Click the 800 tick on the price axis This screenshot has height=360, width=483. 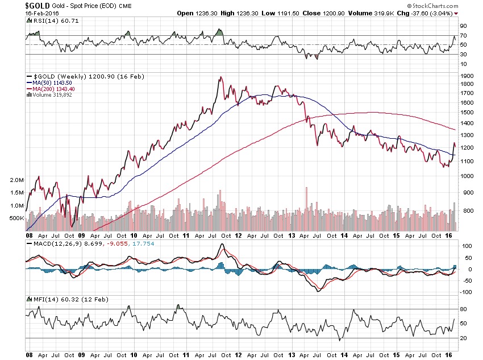tap(465, 211)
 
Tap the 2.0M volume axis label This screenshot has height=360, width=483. tap(17, 180)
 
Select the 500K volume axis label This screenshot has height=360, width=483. tap(15, 218)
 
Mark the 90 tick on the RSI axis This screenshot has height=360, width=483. tap(464, 26)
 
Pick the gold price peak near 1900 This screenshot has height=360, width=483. tap(220, 77)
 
